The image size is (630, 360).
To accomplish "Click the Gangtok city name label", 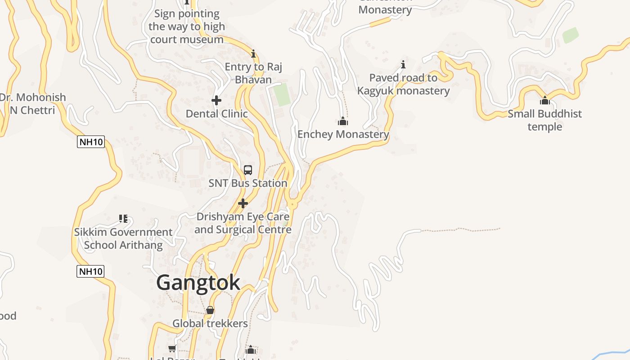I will pyautogui.click(x=198, y=283).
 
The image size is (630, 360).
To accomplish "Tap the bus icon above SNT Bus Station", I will pyautogui.click(x=248, y=170).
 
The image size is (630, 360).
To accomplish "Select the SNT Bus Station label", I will pyautogui.click(x=248, y=183).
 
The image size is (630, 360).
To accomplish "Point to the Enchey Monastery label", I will pyautogui.click(x=343, y=134).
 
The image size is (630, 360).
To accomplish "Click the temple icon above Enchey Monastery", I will pyautogui.click(x=343, y=121).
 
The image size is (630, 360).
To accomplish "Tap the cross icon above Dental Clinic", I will pyautogui.click(x=216, y=100).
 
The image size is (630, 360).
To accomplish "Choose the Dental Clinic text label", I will pyautogui.click(x=217, y=113).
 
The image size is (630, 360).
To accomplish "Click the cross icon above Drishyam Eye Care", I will pyautogui.click(x=243, y=203).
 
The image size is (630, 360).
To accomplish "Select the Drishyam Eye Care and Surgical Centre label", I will pyautogui.click(x=243, y=223).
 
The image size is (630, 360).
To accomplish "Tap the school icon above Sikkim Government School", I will pyautogui.click(x=123, y=219).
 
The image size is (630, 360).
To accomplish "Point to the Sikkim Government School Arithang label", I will pyautogui.click(x=123, y=238).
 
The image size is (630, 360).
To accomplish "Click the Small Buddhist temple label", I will pyautogui.click(x=545, y=120).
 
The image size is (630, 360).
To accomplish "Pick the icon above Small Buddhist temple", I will pyautogui.click(x=545, y=100).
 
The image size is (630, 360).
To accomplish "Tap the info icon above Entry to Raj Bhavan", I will pyautogui.click(x=253, y=54).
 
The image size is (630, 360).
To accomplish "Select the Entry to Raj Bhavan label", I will pyautogui.click(x=253, y=73).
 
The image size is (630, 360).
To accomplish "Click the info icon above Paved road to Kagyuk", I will pyautogui.click(x=403, y=64).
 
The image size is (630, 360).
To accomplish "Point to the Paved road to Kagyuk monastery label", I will pyautogui.click(x=403, y=84).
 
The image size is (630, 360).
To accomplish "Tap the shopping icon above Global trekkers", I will pyautogui.click(x=210, y=310).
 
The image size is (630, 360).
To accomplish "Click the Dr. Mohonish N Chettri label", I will pyautogui.click(x=32, y=103).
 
